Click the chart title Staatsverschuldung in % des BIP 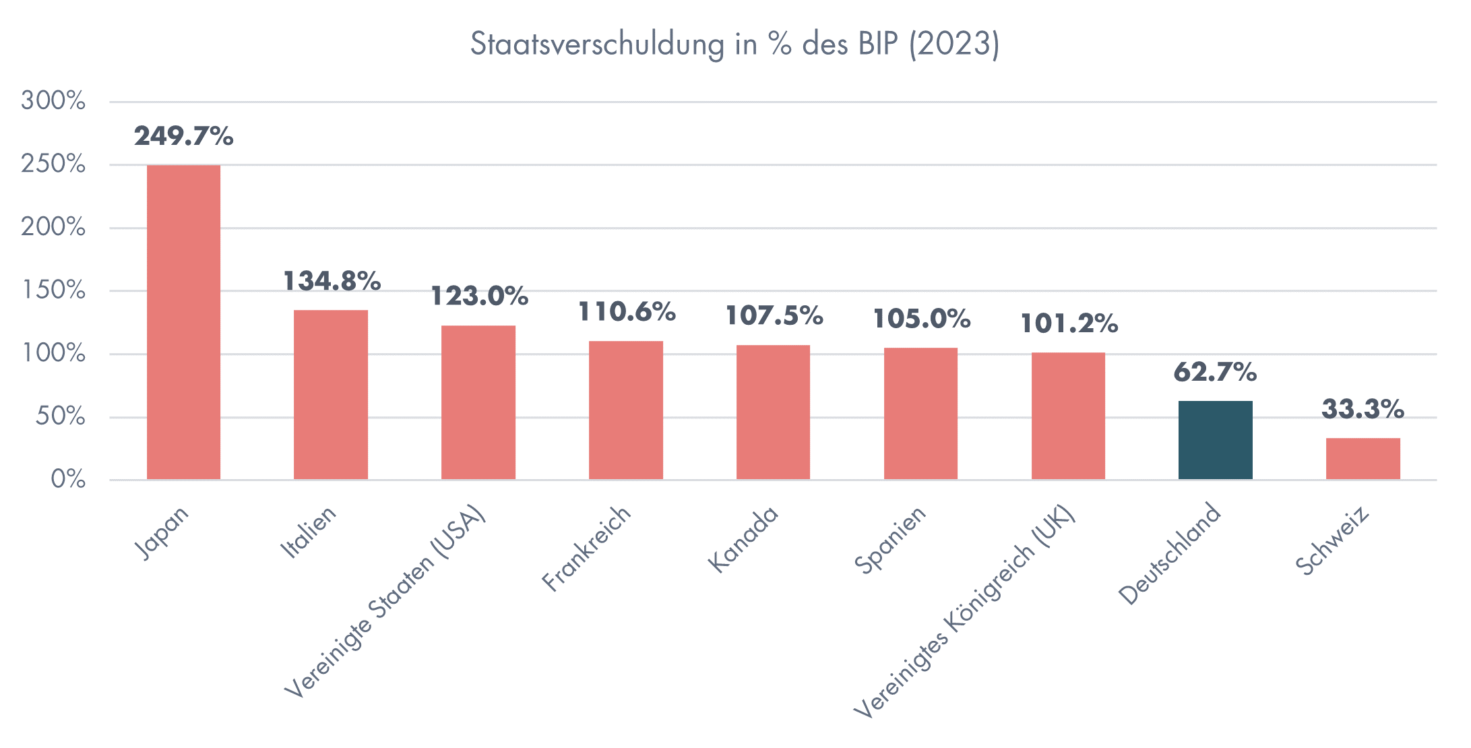pos(734,44)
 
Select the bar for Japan pos(183,322)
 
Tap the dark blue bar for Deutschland pos(1215,440)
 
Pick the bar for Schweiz pos(1363,459)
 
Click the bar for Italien pos(331,394)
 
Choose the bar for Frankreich pos(625,410)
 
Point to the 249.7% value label pos(183,136)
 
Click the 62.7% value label pos(1215,372)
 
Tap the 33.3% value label pos(1363,409)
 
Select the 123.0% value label pos(479,296)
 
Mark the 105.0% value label pos(921,319)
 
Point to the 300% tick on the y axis pos(53,101)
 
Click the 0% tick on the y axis pos(68,480)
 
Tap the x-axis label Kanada pos(743,539)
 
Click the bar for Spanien pos(920,413)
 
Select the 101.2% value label pos(1069,324)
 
